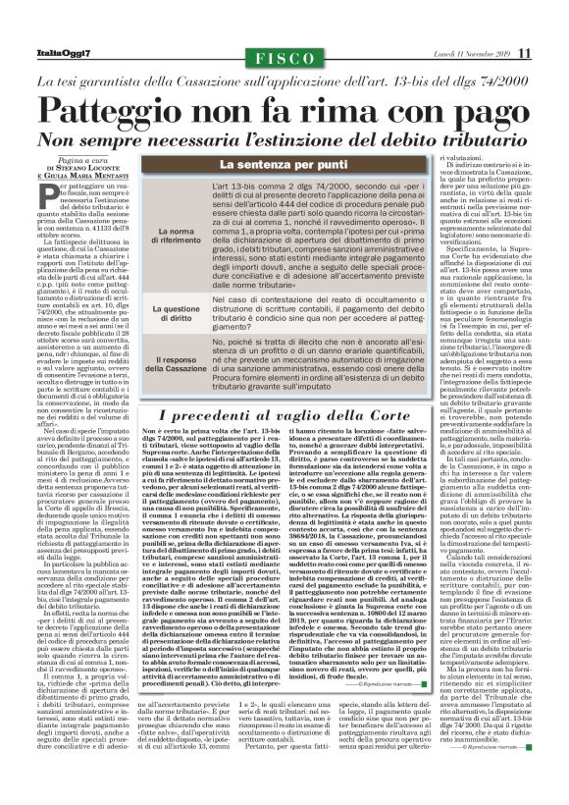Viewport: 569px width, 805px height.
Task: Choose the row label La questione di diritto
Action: [x=175, y=313]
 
